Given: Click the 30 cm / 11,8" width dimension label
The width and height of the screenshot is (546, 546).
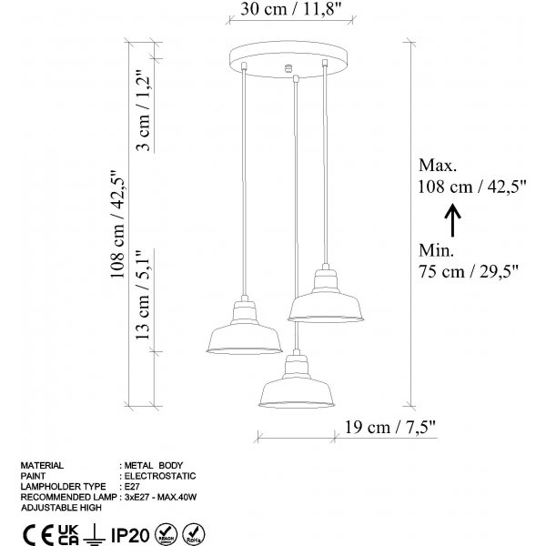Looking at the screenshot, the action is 290,9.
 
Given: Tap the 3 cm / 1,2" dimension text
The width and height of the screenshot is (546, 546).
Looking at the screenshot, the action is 143,110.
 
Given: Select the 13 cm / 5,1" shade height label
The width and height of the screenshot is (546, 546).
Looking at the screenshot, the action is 143,295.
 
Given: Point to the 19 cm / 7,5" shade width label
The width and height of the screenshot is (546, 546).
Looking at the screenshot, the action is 390,427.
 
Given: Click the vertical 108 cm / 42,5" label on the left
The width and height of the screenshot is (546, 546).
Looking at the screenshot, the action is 117,225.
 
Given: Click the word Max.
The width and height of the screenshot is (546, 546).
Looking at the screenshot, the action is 438,166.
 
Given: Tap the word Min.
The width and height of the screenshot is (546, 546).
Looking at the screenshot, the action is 436,251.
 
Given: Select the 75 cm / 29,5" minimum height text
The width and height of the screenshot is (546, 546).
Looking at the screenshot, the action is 469,271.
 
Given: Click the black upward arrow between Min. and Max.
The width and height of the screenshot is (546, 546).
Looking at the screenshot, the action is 452,220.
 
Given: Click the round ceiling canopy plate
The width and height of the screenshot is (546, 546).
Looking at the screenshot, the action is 288,59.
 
